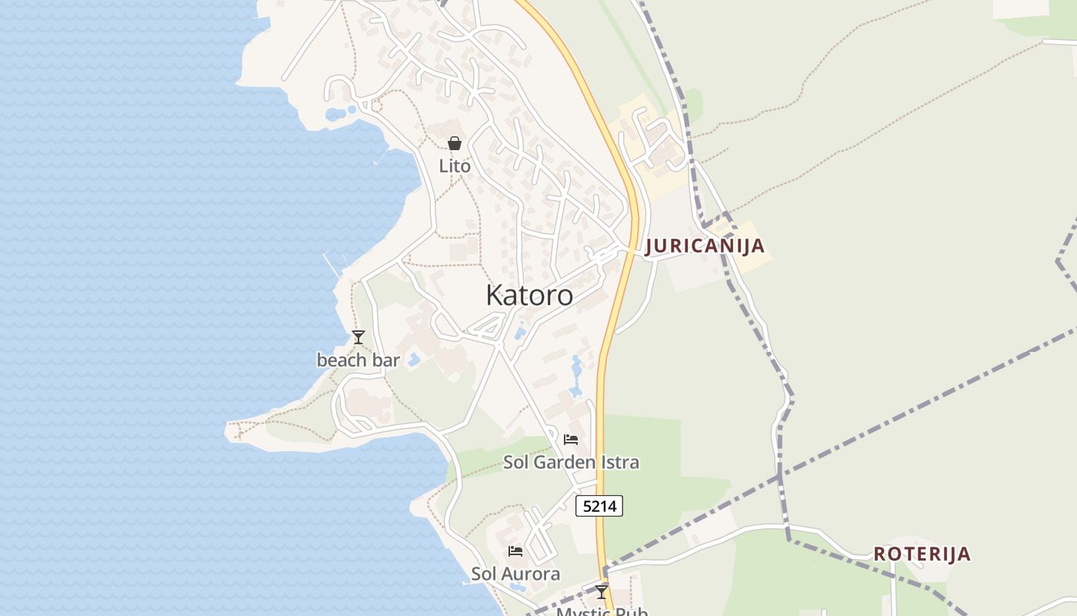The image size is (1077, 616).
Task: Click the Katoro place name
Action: (x=529, y=296)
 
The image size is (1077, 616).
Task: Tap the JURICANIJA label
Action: (x=705, y=246)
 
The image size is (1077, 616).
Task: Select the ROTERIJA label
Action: (x=922, y=554)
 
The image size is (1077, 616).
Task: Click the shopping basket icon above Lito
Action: (x=455, y=143)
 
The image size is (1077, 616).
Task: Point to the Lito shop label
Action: (x=455, y=166)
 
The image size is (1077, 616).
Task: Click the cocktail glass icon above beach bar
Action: (x=358, y=337)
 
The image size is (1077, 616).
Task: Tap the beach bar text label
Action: (x=358, y=360)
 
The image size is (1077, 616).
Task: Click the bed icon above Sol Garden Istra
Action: (x=571, y=440)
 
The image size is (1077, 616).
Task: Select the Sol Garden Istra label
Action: (x=571, y=462)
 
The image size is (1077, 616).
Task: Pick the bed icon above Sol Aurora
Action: (x=515, y=551)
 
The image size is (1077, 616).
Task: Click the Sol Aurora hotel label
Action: (x=515, y=574)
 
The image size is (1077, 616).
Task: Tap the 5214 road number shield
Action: (x=599, y=506)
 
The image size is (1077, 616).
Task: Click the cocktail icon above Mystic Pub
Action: (x=602, y=592)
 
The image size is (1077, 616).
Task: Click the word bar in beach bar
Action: (x=386, y=360)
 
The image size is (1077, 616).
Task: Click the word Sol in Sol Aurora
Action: (x=483, y=574)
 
